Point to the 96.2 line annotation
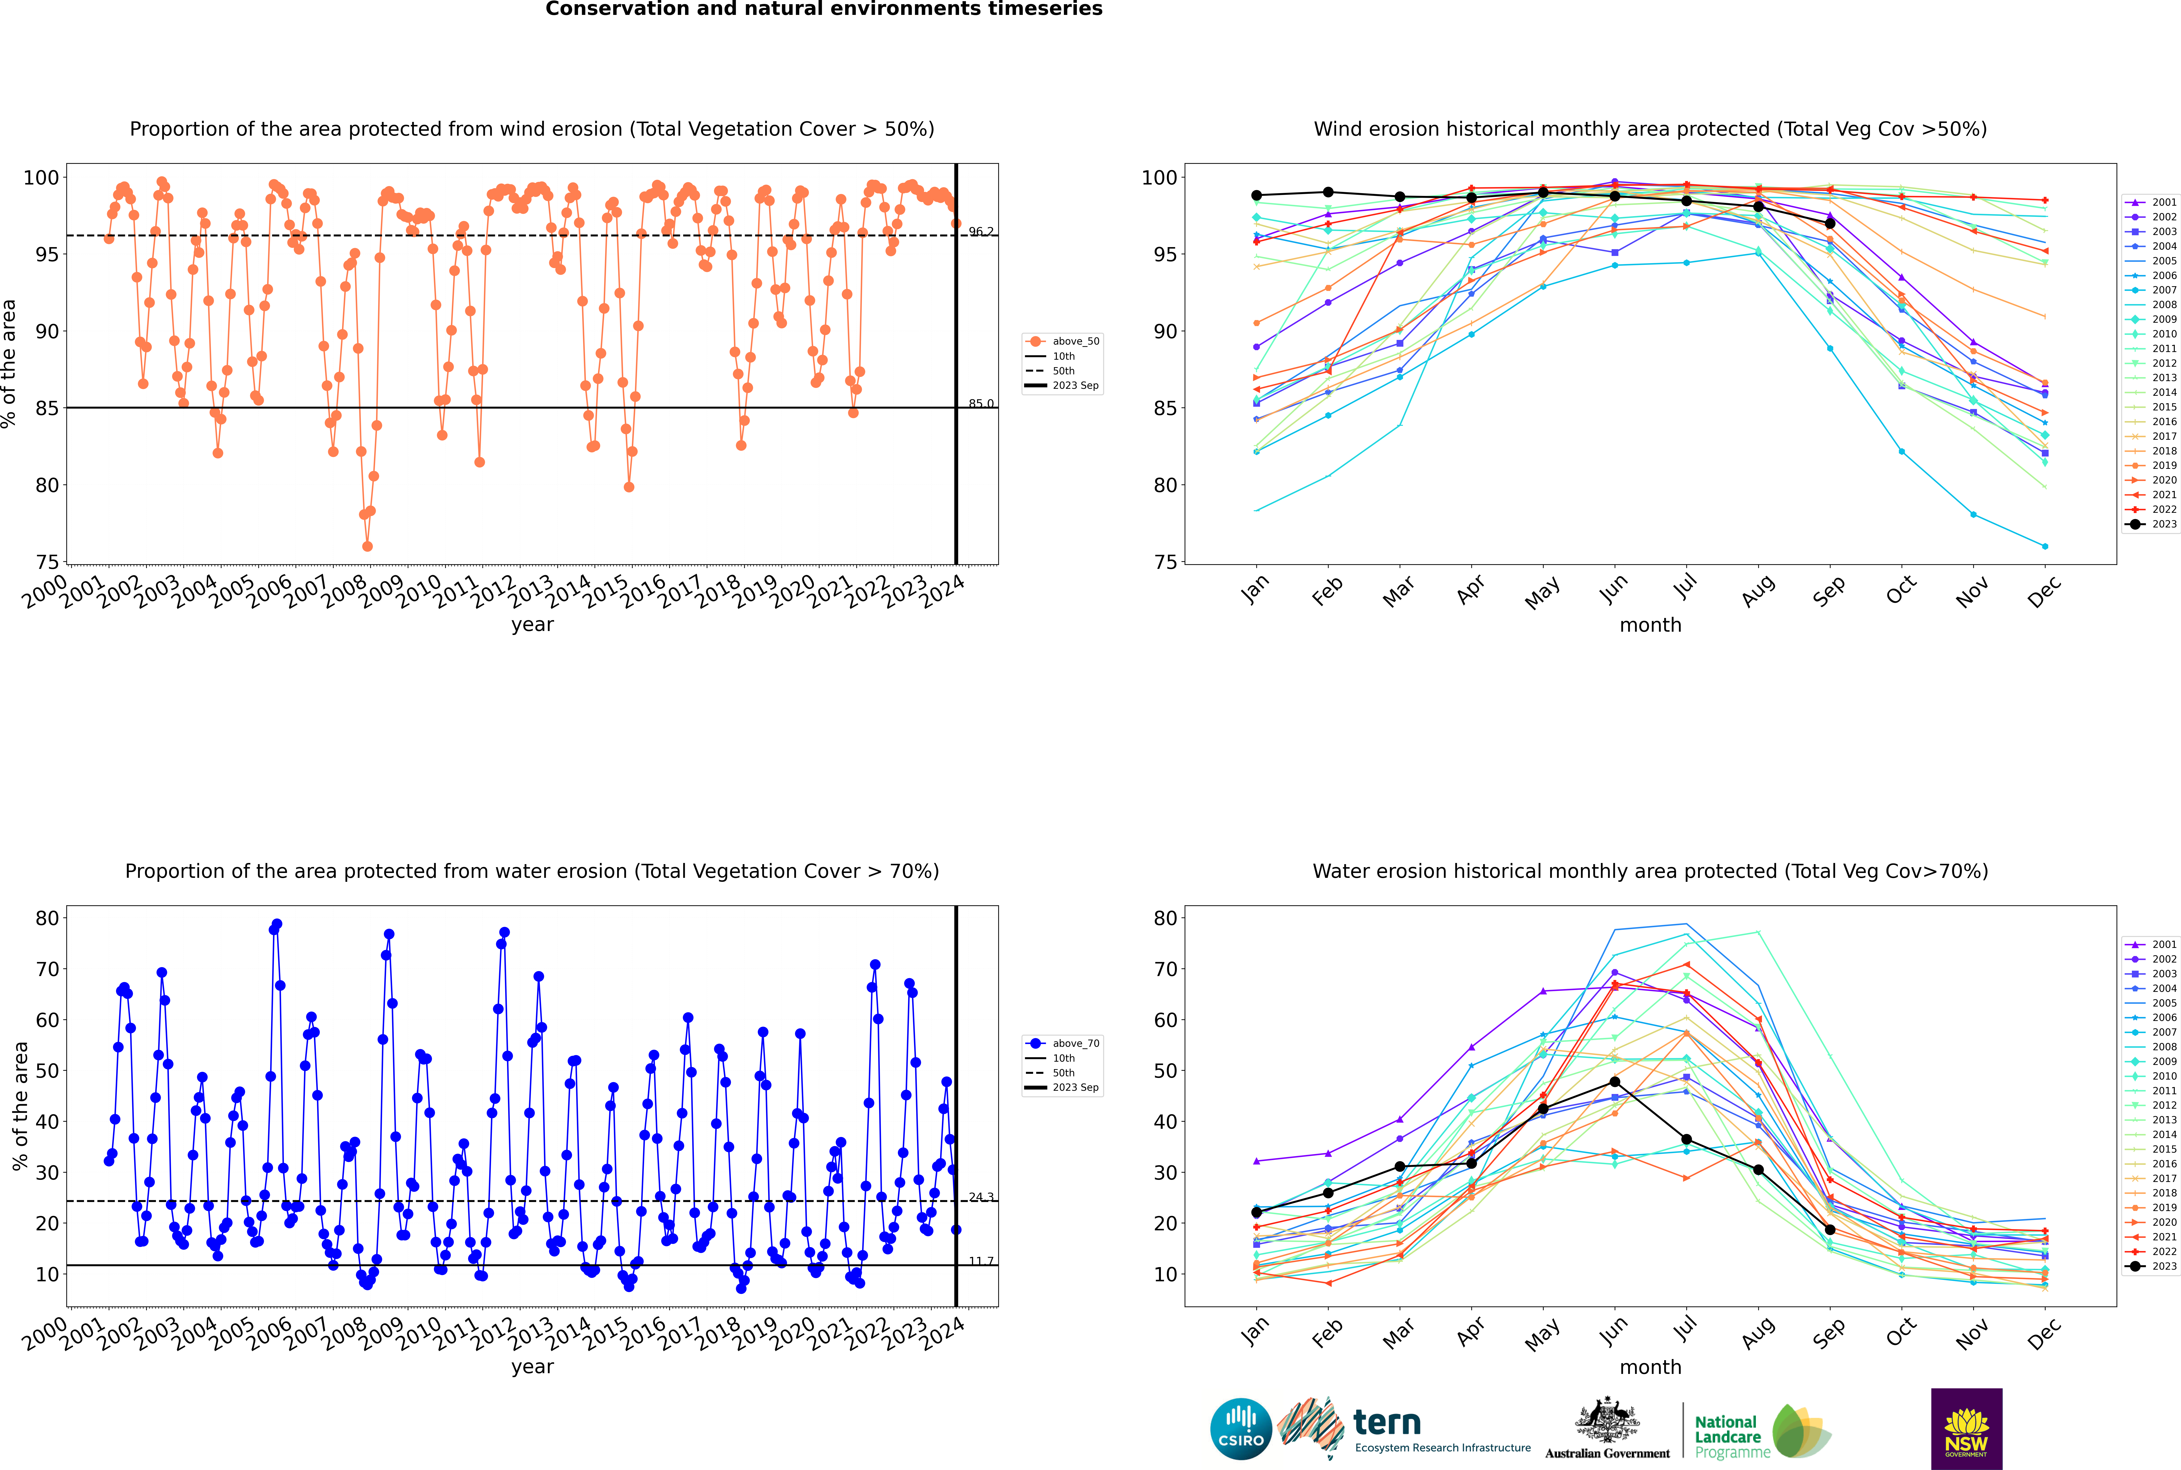(x=981, y=232)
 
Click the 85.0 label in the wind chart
(x=981, y=404)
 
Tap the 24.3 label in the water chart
(x=981, y=1197)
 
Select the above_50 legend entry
(x=1062, y=341)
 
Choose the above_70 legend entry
(x=1062, y=1044)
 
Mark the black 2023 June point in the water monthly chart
(x=1615, y=1082)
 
